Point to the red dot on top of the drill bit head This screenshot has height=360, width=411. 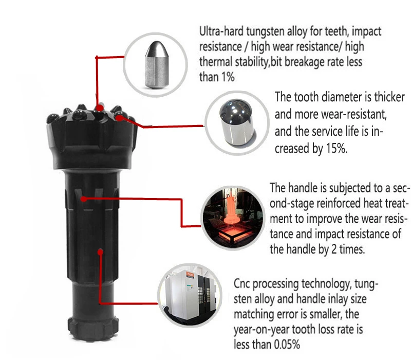pos(99,107)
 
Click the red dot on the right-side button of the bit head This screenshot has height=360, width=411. pos(120,118)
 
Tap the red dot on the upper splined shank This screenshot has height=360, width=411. pos(84,199)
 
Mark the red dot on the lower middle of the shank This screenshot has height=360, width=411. pos(100,252)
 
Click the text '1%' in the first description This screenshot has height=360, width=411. pos(228,77)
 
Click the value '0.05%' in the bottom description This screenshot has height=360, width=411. pos(287,344)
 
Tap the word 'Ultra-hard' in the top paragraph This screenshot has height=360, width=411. pos(221,31)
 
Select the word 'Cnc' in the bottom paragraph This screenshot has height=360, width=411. pos(241,284)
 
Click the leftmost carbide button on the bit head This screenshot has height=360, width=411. pos(53,118)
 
